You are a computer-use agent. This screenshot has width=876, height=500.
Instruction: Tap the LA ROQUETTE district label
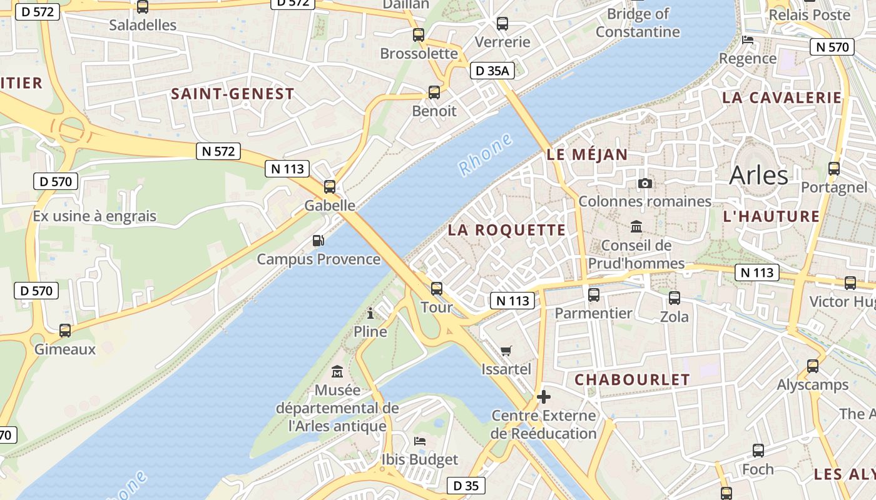point(507,230)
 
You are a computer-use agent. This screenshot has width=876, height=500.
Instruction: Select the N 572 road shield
point(218,151)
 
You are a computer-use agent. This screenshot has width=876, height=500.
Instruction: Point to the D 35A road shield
point(492,71)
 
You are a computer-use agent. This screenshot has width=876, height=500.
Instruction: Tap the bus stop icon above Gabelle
point(330,186)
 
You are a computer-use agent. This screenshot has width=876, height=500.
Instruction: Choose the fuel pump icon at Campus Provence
point(318,241)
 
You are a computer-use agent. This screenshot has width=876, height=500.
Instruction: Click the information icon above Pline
point(370,312)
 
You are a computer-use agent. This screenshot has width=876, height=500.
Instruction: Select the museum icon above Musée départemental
point(337,371)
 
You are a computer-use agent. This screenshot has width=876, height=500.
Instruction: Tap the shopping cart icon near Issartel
point(506,351)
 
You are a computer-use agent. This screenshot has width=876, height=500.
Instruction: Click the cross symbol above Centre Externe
point(543,396)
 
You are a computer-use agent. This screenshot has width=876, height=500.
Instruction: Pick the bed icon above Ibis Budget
point(420,441)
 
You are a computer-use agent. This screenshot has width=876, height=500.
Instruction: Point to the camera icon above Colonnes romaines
point(645,183)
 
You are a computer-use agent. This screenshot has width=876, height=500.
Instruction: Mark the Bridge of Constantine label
point(638,22)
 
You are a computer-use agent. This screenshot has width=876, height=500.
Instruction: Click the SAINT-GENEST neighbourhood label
point(233,94)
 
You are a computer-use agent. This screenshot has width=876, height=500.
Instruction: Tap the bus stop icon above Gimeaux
point(65,330)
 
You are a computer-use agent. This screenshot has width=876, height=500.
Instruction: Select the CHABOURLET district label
point(632,380)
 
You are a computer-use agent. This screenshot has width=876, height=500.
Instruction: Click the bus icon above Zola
point(675,298)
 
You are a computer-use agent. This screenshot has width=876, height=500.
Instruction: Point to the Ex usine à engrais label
point(94,216)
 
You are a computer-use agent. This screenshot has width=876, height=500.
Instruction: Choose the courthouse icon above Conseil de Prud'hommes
point(636,226)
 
